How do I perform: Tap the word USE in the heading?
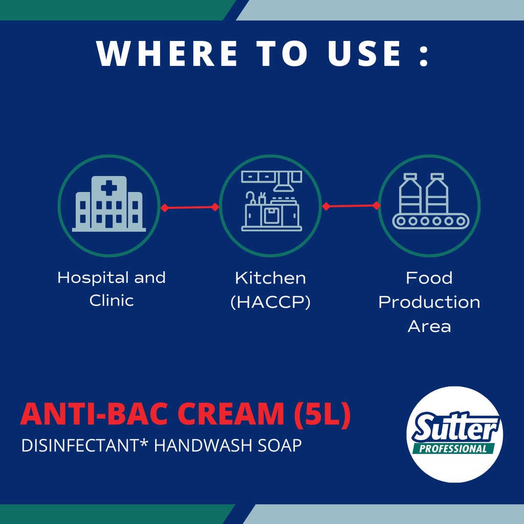click(364, 53)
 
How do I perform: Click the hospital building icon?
click(109, 204)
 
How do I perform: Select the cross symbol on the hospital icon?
click(109, 188)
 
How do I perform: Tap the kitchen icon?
click(271, 201)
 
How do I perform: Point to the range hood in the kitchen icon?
click(283, 182)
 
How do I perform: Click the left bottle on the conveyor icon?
click(410, 193)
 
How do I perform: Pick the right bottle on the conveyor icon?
click(437, 193)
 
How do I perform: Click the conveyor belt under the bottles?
click(431, 221)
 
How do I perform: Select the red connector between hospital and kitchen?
click(190, 208)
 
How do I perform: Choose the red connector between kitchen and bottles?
click(351, 206)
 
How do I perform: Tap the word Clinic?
click(112, 300)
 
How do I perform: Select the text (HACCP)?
click(271, 302)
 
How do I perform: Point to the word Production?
click(429, 302)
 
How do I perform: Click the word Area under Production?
click(429, 326)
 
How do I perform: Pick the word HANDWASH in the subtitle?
click(203, 446)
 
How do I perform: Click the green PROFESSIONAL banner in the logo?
click(453, 449)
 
